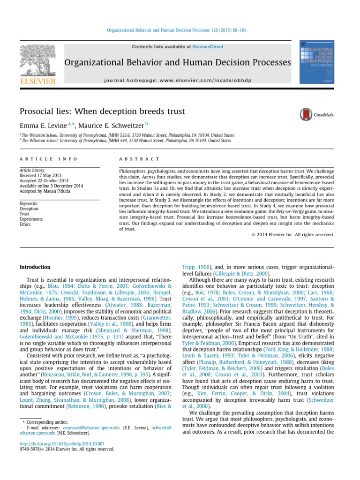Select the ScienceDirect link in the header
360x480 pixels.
[207, 47]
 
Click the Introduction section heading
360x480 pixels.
[35, 267]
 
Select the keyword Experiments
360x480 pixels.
[31, 219]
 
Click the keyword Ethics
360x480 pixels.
[25, 224]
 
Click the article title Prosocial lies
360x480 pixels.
[102, 112]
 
